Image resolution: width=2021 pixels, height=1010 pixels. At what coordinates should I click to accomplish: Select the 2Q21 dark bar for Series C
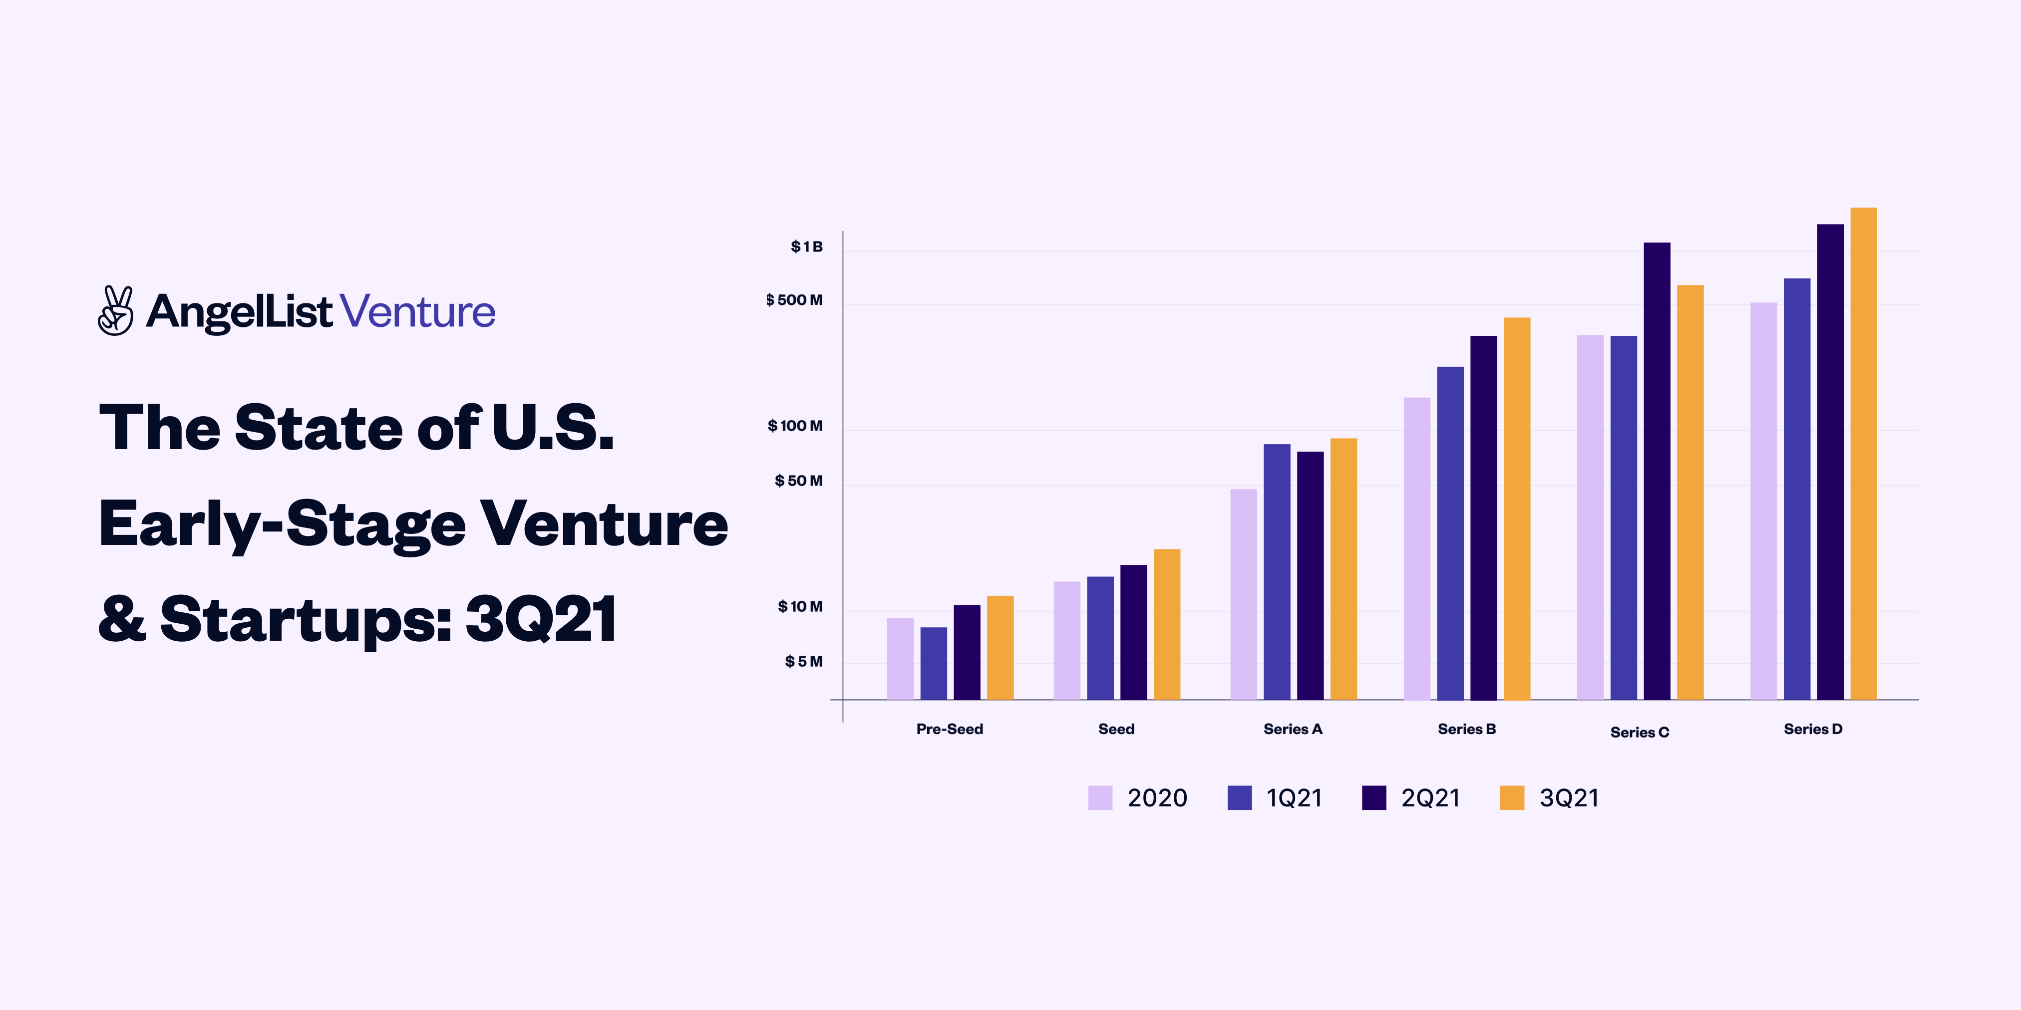[x=1657, y=471]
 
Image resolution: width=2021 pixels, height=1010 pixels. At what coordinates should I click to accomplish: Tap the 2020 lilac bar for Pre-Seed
[x=900, y=659]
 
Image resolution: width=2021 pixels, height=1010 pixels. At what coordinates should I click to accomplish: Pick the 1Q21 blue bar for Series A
[x=1277, y=572]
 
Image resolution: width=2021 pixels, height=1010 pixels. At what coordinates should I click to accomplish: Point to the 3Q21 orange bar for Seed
[x=1167, y=624]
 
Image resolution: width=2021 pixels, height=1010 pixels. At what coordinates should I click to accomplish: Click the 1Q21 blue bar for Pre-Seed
[x=934, y=663]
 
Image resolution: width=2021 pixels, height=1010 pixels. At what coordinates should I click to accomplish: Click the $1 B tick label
[x=806, y=247]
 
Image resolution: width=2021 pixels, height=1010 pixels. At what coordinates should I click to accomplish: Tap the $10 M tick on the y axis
[x=800, y=607]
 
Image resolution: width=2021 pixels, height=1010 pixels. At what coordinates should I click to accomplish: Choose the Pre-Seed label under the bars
[x=949, y=729]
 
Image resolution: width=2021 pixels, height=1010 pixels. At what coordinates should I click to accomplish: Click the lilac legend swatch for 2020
[x=1100, y=797]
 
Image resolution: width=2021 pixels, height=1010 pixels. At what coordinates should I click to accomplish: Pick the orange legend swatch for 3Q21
[x=1512, y=797]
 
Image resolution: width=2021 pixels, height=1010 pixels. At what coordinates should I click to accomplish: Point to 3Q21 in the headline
[x=541, y=619]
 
